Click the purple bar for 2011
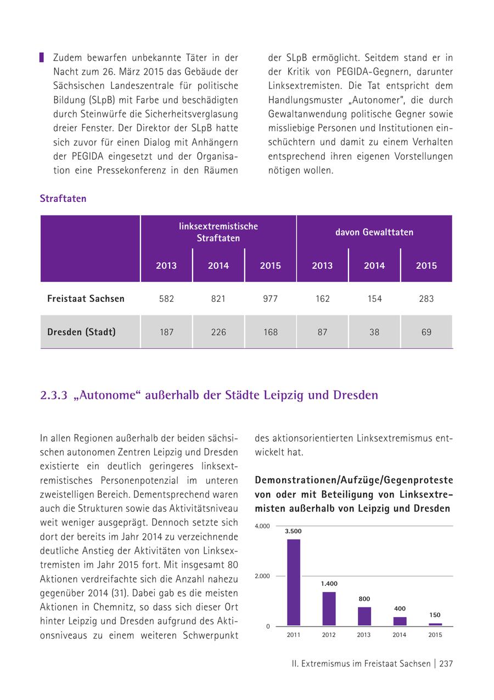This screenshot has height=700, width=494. (294, 582)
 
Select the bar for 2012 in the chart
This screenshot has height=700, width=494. (329, 608)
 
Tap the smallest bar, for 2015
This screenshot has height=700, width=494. (435, 624)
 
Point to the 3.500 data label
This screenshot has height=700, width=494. (293, 531)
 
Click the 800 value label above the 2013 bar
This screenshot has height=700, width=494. (364, 599)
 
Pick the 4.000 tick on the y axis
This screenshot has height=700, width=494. (262, 526)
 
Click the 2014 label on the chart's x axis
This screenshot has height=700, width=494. (400, 635)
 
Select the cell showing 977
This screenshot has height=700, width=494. (270, 299)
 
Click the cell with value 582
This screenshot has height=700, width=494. (166, 299)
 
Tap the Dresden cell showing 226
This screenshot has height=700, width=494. (218, 332)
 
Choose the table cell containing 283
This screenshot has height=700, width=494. (426, 299)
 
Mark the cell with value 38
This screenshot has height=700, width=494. (374, 332)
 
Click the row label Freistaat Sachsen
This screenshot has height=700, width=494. (86, 299)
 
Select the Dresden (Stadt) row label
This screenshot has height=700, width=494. (81, 332)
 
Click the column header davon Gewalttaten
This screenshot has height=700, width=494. (374, 232)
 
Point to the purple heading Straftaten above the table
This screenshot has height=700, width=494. (63, 199)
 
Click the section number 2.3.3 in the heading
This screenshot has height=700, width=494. (53, 395)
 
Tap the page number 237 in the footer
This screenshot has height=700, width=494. (446, 663)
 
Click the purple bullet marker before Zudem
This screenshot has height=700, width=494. (42, 58)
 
